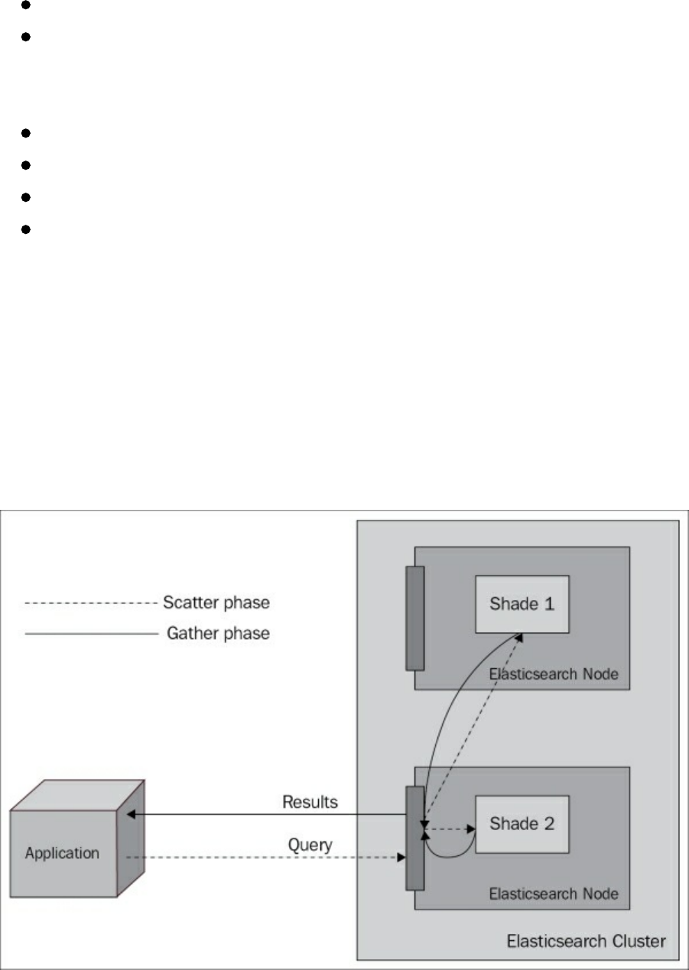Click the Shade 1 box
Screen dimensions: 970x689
point(522,604)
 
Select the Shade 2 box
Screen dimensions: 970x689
point(522,824)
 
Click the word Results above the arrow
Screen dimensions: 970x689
point(310,802)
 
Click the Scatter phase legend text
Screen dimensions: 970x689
point(216,602)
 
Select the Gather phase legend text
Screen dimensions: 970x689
point(218,633)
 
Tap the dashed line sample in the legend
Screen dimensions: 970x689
point(90,603)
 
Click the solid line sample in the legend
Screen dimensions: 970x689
point(90,634)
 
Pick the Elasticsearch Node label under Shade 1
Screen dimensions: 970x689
point(553,674)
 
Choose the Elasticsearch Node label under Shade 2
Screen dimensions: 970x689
point(553,893)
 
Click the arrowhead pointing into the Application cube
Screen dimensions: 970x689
point(131,815)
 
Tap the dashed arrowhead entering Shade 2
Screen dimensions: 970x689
point(470,828)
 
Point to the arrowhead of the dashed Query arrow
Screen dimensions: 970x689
point(401,858)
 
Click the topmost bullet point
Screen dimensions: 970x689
point(25,5)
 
